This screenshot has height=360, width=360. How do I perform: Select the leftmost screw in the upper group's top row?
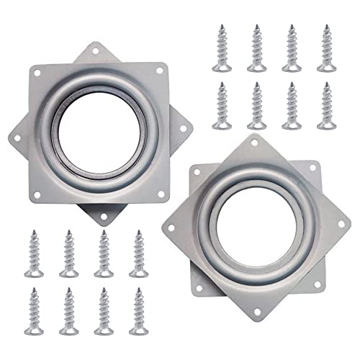point(221,47)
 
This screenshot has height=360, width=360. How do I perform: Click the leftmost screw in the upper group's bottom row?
point(221,105)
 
